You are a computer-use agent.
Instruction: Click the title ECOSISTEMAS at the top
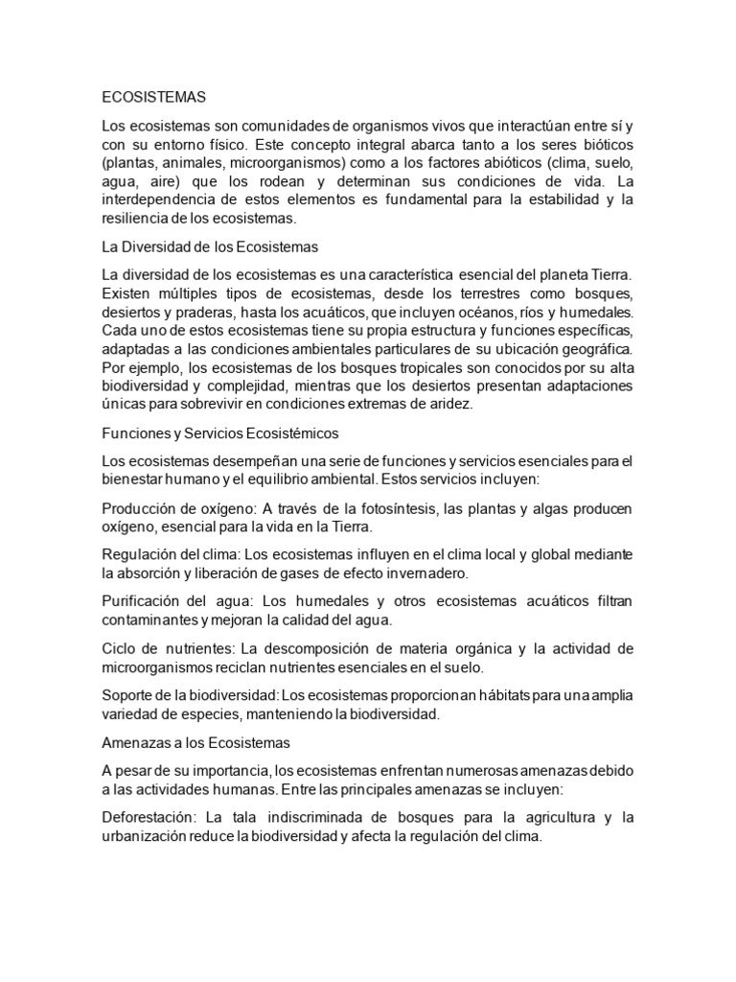click(153, 97)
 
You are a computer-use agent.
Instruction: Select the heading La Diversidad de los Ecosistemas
click(209, 246)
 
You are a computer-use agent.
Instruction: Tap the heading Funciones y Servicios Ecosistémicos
click(220, 433)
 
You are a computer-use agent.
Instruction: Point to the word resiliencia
click(135, 218)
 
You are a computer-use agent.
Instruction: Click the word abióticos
click(532, 162)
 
